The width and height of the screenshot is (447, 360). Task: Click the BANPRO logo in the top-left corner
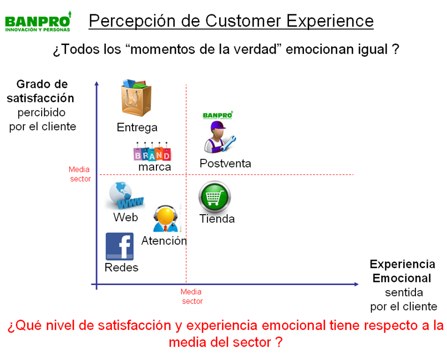click(x=38, y=22)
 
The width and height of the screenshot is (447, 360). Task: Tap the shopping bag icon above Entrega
click(x=136, y=98)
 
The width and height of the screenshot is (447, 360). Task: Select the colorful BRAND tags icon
click(x=152, y=151)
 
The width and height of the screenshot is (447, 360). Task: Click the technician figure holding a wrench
click(x=219, y=137)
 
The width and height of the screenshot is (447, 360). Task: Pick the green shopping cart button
click(x=215, y=197)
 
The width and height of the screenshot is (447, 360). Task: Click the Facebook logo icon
click(x=120, y=246)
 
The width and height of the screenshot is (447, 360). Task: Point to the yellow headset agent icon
click(x=166, y=219)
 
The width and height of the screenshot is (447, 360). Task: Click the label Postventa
click(x=225, y=164)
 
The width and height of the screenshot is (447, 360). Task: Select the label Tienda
click(x=217, y=219)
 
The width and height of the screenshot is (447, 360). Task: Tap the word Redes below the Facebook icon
click(x=121, y=268)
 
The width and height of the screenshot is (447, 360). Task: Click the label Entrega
click(x=137, y=128)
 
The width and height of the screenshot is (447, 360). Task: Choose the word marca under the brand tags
click(x=155, y=167)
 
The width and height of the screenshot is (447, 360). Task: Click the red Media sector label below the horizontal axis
click(x=192, y=296)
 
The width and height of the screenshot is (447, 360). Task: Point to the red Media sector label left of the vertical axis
click(x=80, y=174)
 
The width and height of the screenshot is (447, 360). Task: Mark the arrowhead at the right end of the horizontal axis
click(x=357, y=284)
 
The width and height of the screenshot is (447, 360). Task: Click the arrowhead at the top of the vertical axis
click(x=96, y=84)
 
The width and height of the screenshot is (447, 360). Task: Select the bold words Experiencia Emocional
click(x=402, y=271)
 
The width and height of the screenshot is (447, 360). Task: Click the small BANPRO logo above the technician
click(x=218, y=115)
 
